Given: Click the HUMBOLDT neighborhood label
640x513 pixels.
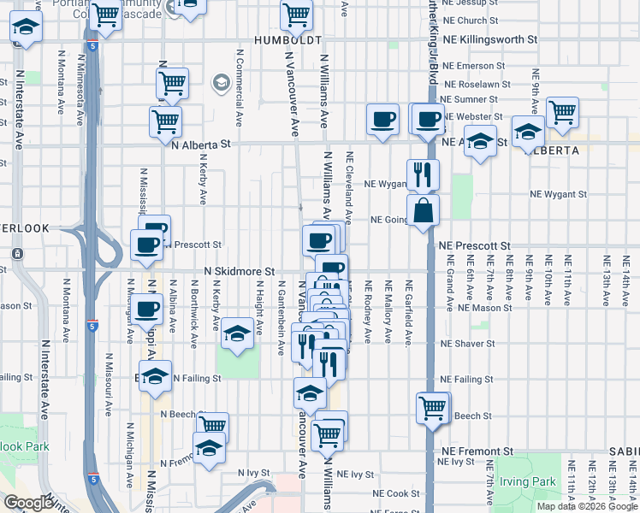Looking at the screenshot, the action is pos(287,39).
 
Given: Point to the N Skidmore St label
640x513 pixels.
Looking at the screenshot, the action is pos(239,271).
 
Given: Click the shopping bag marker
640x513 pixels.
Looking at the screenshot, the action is pos(424,210).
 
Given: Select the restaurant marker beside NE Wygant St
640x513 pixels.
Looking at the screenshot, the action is pos(423,175).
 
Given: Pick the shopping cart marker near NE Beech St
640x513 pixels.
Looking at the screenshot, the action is pos(434,407).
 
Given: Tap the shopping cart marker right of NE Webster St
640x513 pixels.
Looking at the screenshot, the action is pos(562,112).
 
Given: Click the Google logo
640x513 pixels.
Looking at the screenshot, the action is pos(30,503).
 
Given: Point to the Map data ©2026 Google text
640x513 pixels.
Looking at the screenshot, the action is pos(586,506).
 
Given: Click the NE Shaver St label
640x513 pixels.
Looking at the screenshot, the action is pos(466,344).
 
